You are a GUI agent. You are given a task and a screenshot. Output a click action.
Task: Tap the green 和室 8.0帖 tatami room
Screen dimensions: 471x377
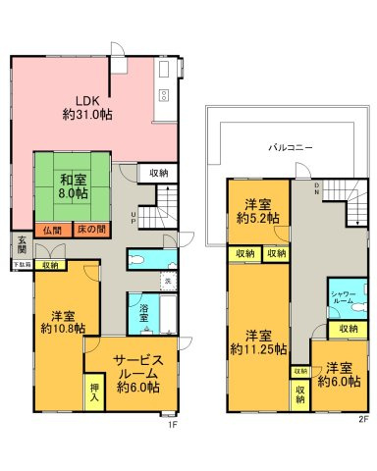click(x=70, y=187)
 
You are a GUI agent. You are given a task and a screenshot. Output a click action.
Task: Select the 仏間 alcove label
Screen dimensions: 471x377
click(x=52, y=230)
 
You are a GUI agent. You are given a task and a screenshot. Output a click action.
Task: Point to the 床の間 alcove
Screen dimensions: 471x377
click(x=88, y=230)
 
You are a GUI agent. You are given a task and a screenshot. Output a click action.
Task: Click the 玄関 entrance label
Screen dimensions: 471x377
click(x=21, y=244)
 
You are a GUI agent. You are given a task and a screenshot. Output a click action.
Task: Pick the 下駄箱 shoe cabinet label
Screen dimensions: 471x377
click(x=21, y=264)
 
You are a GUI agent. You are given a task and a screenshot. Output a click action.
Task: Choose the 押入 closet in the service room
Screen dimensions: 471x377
click(x=95, y=394)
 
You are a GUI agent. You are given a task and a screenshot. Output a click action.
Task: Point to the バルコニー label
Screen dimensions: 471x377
click(x=291, y=147)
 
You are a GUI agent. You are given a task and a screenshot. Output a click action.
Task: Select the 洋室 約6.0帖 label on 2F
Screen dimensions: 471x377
click(x=340, y=373)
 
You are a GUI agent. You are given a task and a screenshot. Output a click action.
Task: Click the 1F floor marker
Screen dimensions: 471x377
click(x=170, y=423)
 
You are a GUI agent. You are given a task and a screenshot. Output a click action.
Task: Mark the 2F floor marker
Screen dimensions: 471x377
click(x=362, y=420)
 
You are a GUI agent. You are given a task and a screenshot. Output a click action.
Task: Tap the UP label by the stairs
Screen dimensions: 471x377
click(x=133, y=218)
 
